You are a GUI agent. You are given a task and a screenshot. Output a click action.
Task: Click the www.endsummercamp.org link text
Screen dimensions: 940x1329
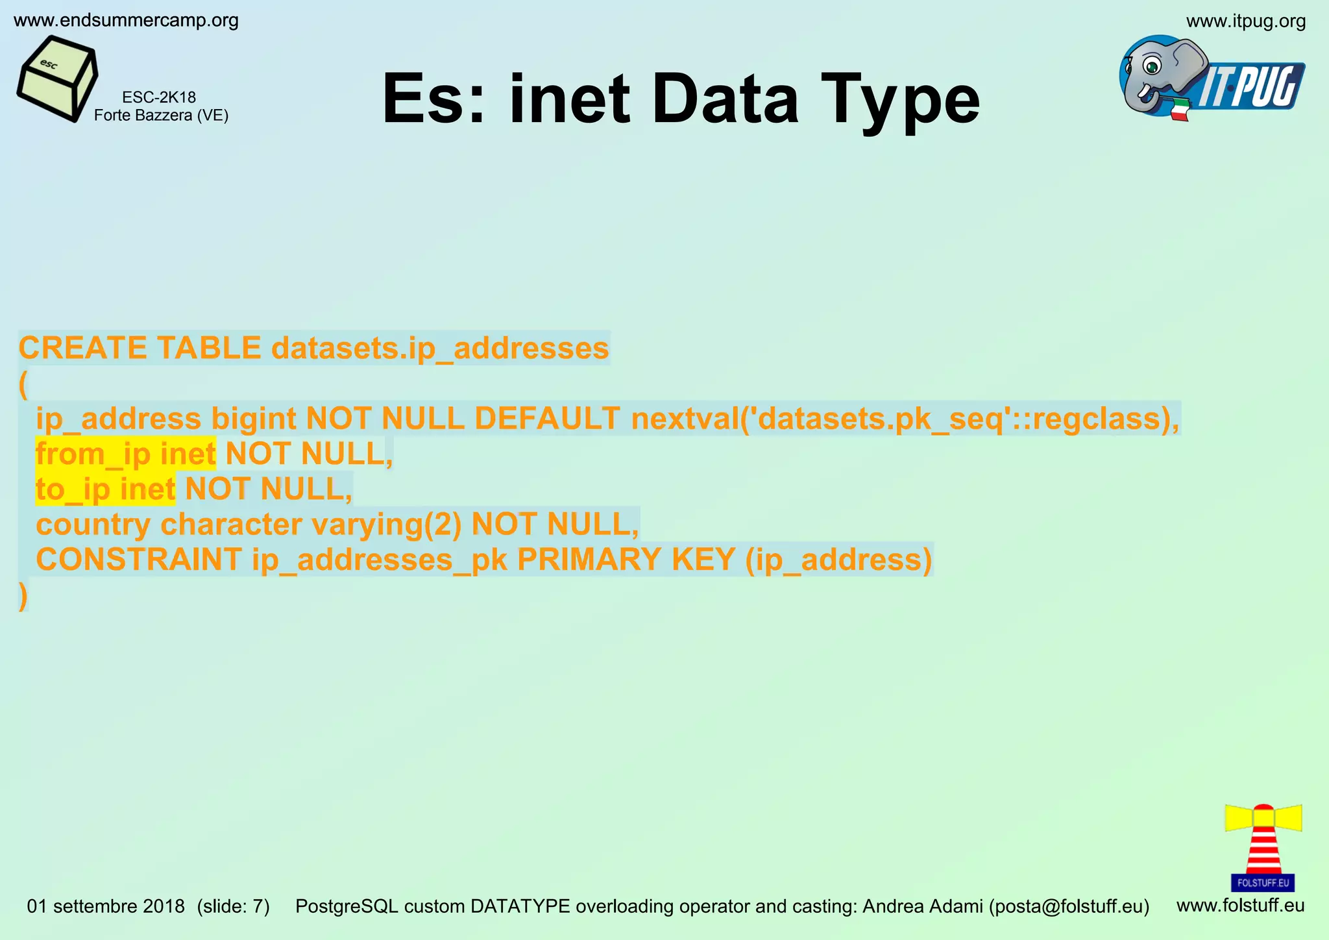126,21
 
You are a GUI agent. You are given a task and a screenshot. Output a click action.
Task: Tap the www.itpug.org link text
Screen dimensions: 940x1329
1245,21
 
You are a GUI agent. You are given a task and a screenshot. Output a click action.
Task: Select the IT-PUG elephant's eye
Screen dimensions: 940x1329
1152,65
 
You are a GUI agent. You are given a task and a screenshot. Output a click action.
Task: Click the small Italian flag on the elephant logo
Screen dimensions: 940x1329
1179,109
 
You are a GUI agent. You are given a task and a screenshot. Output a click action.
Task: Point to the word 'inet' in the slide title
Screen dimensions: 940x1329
569,99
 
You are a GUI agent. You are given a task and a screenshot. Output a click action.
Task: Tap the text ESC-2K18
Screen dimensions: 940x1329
159,97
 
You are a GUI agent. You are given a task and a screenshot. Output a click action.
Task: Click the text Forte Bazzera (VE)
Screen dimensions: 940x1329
161,116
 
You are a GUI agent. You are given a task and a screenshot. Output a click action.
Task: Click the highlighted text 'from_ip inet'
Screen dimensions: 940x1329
126,454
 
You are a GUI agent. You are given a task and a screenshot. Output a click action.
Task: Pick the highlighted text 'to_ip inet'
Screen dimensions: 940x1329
106,489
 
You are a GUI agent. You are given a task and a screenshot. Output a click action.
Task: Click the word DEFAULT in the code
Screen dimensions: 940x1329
547,419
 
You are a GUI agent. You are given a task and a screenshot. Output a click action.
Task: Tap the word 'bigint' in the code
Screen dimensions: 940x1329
254,419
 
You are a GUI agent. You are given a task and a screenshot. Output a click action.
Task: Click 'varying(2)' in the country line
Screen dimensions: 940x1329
387,525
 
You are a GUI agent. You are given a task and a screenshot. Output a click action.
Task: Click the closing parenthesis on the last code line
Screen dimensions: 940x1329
23,595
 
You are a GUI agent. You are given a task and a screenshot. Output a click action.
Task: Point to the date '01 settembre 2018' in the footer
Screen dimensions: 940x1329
106,906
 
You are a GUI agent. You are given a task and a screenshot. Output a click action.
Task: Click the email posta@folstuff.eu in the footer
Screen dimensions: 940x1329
1069,906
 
